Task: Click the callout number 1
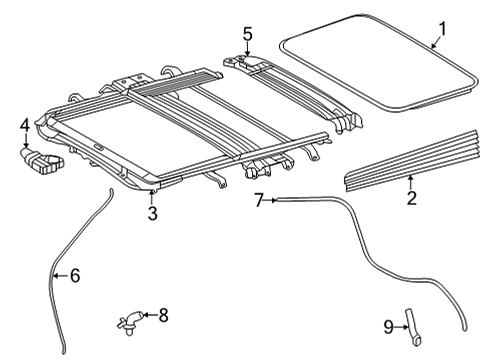(x=441, y=29)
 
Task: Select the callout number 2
(x=412, y=198)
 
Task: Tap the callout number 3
(x=152, y=213)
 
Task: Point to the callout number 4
(x=25, y=126)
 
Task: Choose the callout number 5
(x=247, y=34)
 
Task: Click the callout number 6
(x=75, y=276)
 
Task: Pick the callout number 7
(x=259, y=200)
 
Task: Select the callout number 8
(x=163, y=315)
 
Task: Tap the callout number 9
(x=389, y=327)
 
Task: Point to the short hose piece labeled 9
(x=413, y=327)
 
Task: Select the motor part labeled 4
(x=42, y=161)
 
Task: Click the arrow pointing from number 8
(x=150, y=314)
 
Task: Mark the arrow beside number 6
(x=62, y=275)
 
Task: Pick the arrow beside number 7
(x=271, y=200)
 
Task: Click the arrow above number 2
(x=411, y=183)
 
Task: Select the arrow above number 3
(x=152, y=198)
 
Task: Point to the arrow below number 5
(x=247, y=49)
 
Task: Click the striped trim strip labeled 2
(x=412, y=161)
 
